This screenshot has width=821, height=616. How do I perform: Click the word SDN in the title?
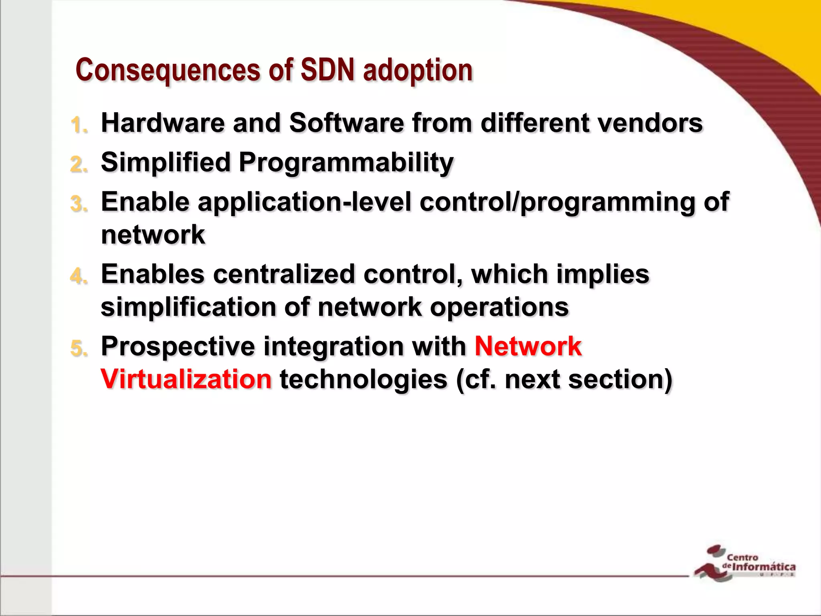click(x=327, y=70)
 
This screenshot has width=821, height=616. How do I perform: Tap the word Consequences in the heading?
click(x=168, y=70)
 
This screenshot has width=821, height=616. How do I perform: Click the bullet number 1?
click(x=78, y=125)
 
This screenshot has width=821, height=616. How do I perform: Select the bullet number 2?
click(x=79, y=164)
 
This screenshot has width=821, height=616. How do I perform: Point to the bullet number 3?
click(x=79, y=204)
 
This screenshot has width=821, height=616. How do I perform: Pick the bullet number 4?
click(x=79, y=276)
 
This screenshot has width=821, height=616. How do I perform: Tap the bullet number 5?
click(x=79, y=348)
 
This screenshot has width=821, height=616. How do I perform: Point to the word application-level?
click(x=304, y=202)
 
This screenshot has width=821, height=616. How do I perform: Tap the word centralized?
click(x=284, y=274)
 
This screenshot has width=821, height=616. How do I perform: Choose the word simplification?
click(x=188, y=307)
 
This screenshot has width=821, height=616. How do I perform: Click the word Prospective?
click(x=178, y=346)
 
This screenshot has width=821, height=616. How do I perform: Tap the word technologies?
click(x=363, y=379)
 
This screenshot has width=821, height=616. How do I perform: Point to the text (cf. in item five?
click(x=476, y=379)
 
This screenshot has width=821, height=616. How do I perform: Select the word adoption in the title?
click(x=418, y=70)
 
